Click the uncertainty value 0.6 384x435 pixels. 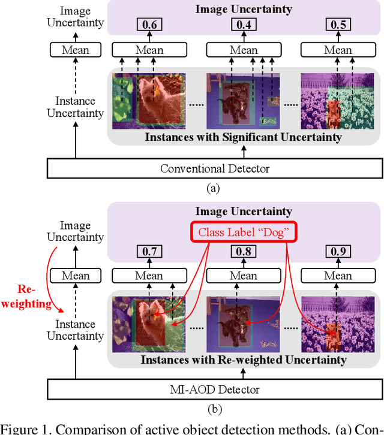pos(149,25)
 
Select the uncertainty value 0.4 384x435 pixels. pos(244,25)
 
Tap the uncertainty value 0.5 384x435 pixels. pos(338,25)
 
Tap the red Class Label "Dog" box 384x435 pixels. pos(244,231)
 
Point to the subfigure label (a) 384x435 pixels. pos(213,188)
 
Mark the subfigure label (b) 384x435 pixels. pos(213,410)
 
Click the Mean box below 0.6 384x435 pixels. pos(149,49)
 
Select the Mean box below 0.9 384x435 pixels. pos(338,276)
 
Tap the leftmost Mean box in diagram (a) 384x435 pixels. pos(76,49)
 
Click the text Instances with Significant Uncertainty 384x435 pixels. pos(243,137)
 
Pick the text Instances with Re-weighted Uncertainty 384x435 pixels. pos(243,360)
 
